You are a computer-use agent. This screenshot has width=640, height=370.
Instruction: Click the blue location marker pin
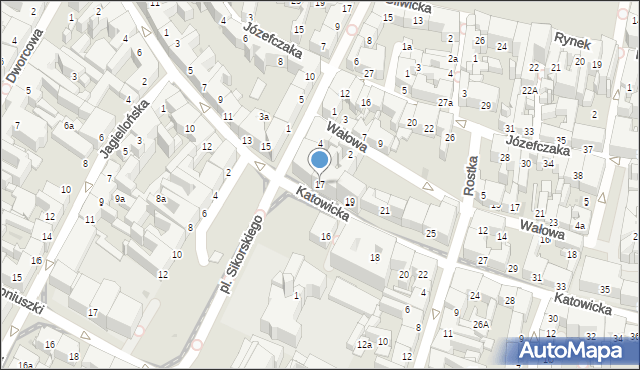[x=319, y=160]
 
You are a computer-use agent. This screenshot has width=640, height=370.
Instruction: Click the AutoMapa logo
[x=577, y=351]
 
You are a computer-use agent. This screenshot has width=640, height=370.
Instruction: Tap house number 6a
[x=69, y=125]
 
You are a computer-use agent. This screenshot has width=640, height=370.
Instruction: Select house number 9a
[x=119, y=198]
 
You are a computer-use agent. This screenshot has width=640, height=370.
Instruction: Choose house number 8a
[x=160, y=199]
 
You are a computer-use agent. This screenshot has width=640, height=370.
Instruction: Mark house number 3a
[x=264, y=117]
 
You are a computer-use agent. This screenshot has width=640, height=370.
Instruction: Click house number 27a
[x=445, y=102]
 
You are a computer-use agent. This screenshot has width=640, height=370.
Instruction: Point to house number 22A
[x=529, y=91]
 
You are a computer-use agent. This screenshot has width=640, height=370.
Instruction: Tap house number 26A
[x=481, y=323]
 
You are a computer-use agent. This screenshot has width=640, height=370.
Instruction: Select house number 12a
[x=365, y=344]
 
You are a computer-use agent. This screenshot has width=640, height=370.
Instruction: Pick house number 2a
[x=452, y=59]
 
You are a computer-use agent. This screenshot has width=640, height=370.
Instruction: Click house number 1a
[x=406, y=47]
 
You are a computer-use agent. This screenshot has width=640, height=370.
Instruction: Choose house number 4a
[x=579, y=225]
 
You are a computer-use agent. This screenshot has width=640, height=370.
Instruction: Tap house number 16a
[x=25, y=366]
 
